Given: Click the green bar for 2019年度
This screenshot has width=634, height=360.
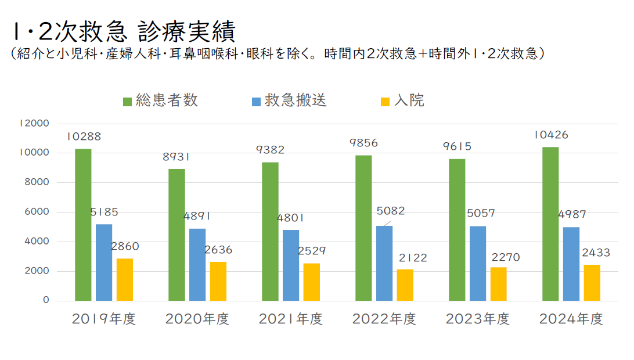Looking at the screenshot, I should coord(83,225).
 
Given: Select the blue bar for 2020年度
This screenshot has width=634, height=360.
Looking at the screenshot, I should coord(197,264).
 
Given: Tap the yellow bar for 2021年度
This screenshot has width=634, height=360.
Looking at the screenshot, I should coord(312,282).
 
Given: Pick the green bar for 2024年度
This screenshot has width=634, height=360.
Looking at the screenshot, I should coord(550,224).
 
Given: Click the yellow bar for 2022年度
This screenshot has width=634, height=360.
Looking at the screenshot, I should coord(405,285).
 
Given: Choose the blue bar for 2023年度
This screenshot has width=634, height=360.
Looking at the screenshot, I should coord(478,263).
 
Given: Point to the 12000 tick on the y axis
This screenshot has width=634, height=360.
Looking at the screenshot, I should coord(34,123).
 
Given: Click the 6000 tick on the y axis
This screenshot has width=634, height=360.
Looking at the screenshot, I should coord(37,212).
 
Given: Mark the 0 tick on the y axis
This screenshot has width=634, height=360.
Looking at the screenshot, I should coord(45,301).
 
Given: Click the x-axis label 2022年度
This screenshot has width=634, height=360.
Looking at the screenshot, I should coord(384,319).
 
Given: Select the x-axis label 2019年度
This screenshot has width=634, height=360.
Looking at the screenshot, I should coord(104,319).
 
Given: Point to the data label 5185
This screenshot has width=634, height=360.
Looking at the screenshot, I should coord(105,213).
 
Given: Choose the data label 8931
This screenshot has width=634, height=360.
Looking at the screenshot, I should coord(177,157).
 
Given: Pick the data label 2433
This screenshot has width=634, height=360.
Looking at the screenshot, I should coord(593,253).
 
